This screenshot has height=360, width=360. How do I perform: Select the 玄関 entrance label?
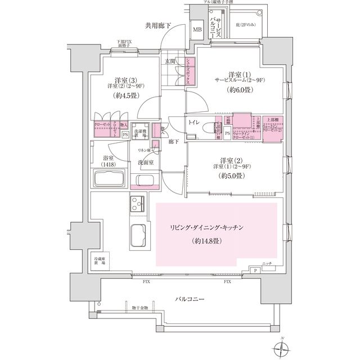pos(171,61)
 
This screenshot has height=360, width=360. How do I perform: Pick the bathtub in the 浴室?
pos(110,181)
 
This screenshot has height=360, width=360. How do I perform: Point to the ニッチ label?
pos(267,263)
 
